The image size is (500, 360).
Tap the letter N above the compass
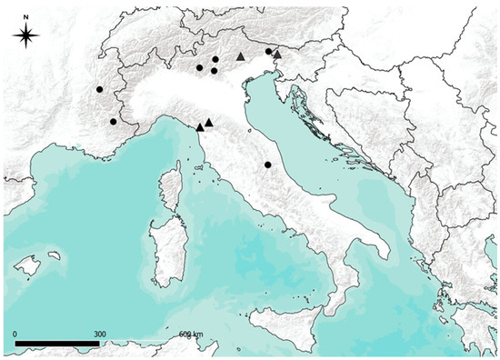27,15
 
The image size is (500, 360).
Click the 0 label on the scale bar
15,335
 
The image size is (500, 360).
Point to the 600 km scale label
192,335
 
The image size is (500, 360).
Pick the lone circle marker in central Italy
267,165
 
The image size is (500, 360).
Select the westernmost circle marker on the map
99,90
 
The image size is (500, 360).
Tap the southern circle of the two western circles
113,121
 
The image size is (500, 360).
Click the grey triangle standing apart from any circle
240,56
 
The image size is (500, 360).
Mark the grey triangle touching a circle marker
277,55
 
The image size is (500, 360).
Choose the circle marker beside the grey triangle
268,52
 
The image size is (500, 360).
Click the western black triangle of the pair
200,127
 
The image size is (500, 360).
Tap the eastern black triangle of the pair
209,122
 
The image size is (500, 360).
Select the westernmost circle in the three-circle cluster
199,67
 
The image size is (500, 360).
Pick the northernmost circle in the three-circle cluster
215,60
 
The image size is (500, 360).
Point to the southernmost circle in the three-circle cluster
214,70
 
